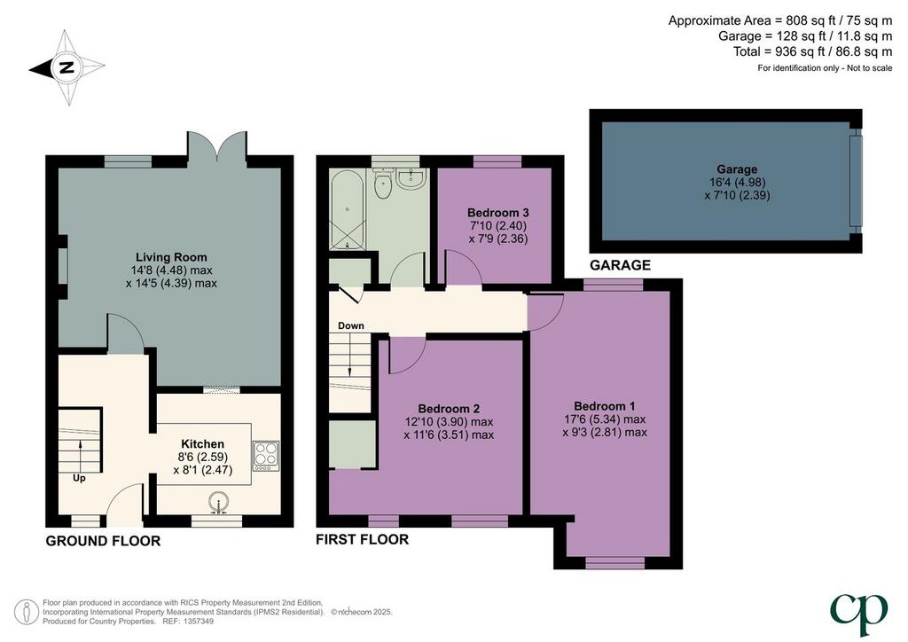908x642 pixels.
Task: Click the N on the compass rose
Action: click(x=67, y=67)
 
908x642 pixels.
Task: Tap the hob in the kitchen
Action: click(x=266, y=453)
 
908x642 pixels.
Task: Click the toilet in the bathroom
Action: click(x=383, y=183)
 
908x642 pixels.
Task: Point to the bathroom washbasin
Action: click(x=413, y=177)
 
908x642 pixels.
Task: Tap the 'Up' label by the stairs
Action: click(x=79, y=478)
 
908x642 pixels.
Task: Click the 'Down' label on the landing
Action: click(x=351, y=325)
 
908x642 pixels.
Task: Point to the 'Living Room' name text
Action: click(x=171, y=257)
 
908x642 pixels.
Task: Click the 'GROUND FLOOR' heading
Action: click(x=103, y=541)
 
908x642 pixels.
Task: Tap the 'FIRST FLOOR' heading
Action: click(x=362, y=539)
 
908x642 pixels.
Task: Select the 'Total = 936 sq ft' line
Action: click(x=812, y=51)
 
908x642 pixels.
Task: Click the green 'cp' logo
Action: click(x=858, y=614)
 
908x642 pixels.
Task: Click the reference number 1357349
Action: click(x=198, y=621)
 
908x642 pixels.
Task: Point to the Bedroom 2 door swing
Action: click(x=407, y=356)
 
